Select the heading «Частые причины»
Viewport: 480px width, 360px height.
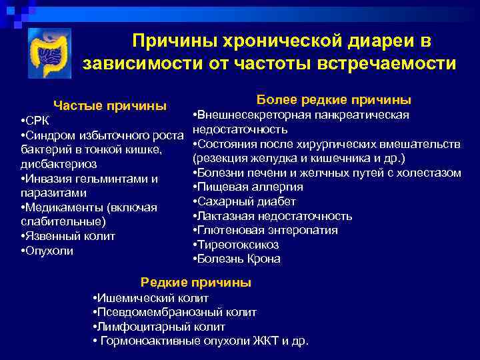point(110,105)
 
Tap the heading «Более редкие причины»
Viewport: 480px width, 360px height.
point(333,100)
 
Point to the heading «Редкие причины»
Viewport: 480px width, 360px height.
point(196,283)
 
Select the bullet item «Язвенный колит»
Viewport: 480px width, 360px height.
point(68,236)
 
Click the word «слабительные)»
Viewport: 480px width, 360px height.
point(63,221)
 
